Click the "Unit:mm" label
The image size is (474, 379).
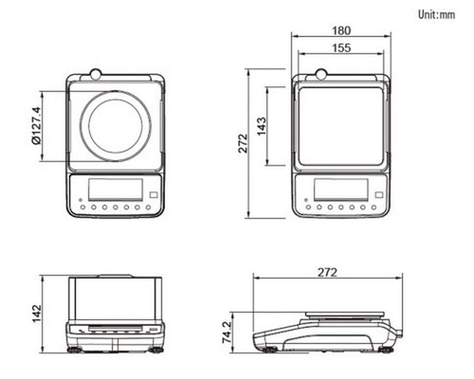pos(437,14)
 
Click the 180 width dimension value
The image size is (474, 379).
pos(341,30)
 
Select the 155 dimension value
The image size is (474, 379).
pos(341,47)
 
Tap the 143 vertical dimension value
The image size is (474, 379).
pos(262,126)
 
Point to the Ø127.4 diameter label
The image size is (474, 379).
pos(36,126)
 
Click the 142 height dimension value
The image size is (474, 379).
pos(37,314)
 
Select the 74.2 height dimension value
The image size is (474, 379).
pos(227,333)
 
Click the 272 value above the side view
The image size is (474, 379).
pos(327,272)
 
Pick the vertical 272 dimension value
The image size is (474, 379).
pos(243,143)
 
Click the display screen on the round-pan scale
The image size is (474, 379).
pos(116,189)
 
